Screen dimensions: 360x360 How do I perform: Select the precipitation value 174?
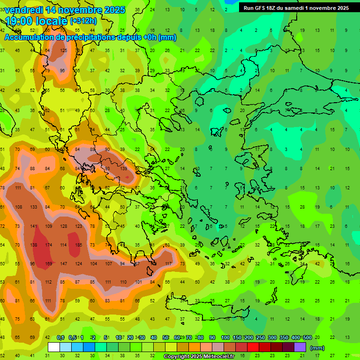(49, 245)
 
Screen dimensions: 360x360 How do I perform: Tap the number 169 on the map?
(49, 263)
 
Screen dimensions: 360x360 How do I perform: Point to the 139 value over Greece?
(124, 168)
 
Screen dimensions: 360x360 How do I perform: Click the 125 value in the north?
(64, 50)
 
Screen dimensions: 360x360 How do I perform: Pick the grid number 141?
(34, 226)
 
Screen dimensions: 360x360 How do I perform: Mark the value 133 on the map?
(34, 207)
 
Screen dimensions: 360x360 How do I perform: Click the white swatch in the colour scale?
(54, 347)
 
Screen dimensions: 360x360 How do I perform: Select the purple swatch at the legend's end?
(300, 347)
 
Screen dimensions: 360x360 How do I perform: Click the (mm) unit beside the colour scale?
(317, 348)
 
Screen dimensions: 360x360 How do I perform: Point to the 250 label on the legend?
(260, 337)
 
